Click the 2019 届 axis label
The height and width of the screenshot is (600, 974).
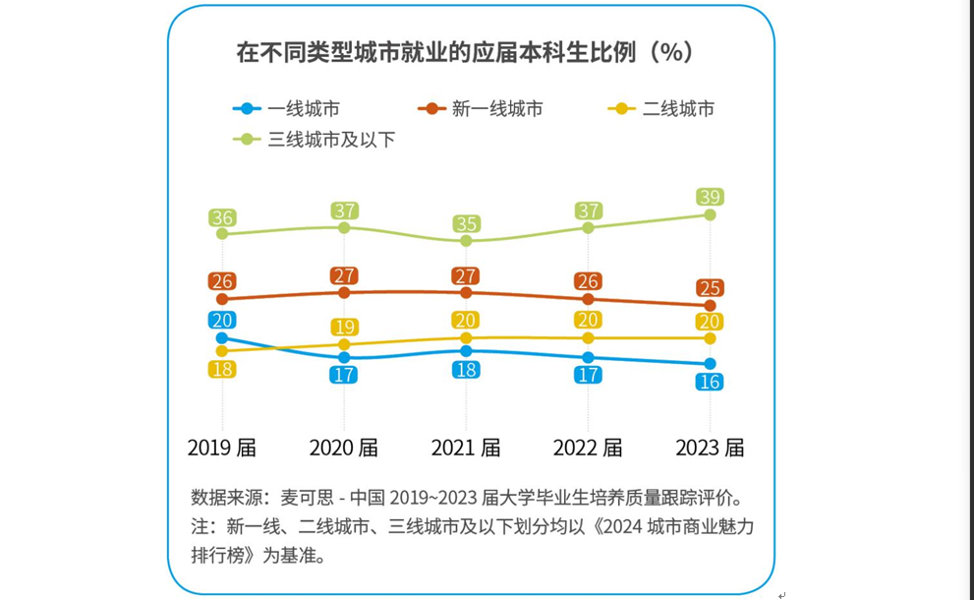coord(222,448)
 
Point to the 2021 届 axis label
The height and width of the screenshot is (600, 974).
coord(466,448)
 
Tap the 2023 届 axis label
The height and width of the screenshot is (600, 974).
coord(710,448)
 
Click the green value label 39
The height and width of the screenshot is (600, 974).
coord(710,197)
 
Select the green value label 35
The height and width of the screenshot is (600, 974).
coord(466,223)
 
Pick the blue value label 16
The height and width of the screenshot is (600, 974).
coord(710,382)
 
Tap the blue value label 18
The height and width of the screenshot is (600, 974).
coord(466,370)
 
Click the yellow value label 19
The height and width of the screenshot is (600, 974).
coord(344,327)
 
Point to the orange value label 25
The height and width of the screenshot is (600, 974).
coord(710,288)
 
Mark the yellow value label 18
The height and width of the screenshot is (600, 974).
coord(222,369)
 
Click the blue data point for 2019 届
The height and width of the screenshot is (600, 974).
coord(222,337)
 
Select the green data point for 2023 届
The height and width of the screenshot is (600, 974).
coord(710,214)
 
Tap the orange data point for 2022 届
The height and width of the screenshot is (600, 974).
coord(588,299)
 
